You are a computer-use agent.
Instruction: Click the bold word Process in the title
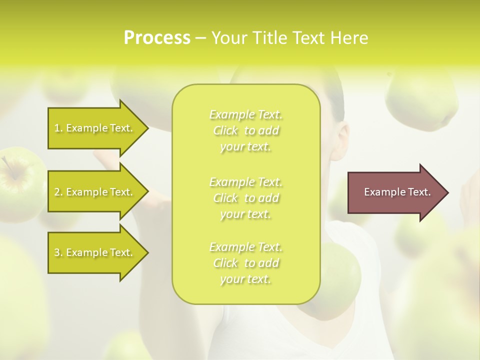tap(157, 38)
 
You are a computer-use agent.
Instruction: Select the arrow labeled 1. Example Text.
tap(95, 128)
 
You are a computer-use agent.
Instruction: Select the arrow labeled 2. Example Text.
tap(95, 192)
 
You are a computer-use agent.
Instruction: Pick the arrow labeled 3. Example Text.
tap(95, 252)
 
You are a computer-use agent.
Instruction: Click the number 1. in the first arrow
tap(58, 128)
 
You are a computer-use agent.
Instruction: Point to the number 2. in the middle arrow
tap(58, 192)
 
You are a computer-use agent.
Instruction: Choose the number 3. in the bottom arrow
tap(58, 252)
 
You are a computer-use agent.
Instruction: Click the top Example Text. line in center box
tap(246, 115)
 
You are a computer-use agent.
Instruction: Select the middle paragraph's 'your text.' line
tap(246, 214)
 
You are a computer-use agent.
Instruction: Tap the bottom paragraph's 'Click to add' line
tap(246, 263)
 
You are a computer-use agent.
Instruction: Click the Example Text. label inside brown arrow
tap(397, 192)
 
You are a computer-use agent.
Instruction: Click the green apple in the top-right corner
tap(422, 100)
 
